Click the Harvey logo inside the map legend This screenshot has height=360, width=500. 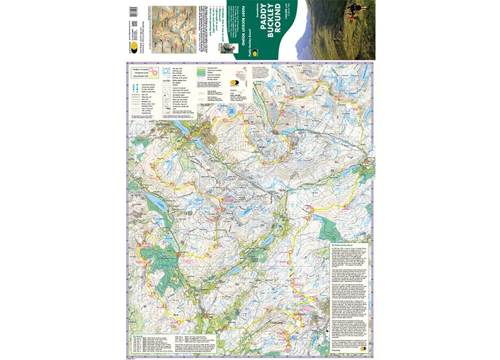pos(236,81)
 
